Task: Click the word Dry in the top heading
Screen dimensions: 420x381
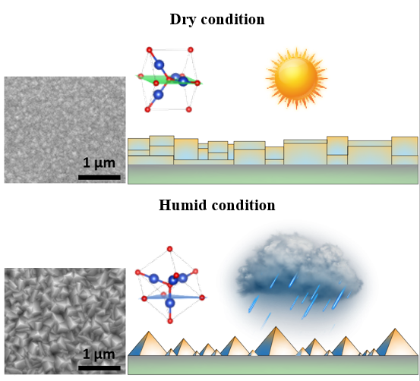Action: click(183, 20)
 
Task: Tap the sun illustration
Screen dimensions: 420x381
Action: click(296, 78)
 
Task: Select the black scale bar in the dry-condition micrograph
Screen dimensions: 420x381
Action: click(99, 178)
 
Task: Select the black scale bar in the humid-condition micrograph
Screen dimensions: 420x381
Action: click(99, 368)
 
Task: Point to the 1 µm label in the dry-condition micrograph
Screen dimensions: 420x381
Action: click(99, 163)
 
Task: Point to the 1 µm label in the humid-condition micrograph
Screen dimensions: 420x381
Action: click(99, 354)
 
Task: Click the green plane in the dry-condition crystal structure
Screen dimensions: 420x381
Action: click(169, 80)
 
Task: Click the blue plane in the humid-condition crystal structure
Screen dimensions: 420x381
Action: click(172, 297)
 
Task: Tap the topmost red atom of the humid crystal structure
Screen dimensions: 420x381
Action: click(169, 249)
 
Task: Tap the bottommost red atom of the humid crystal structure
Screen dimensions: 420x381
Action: click(170, 321)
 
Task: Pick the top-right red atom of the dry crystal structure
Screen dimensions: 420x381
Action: click(191, 49)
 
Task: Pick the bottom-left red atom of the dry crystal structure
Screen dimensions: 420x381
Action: click(147, 109)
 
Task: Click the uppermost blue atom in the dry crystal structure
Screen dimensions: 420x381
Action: click(159, 65)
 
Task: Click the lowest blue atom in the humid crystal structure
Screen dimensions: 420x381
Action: click(170, 304)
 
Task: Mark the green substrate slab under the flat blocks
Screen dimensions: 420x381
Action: click(273, 175)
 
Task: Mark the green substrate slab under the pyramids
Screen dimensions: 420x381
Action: click(273, 364)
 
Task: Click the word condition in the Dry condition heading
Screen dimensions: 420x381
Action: click(232, 20)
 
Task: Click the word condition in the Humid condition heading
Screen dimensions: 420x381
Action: click(243, 205)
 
